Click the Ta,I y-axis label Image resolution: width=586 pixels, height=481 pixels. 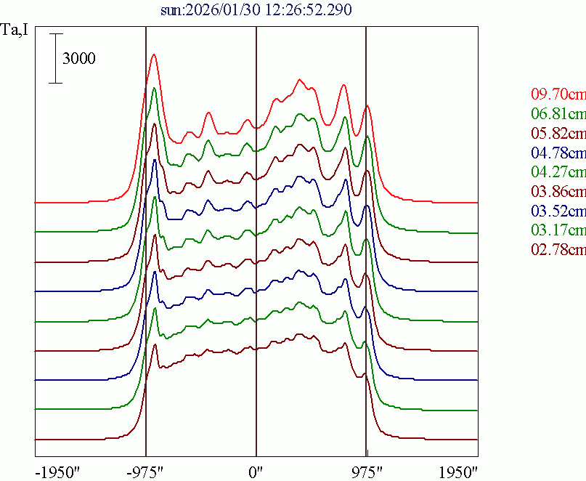point(15,31)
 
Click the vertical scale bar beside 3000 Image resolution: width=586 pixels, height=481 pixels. point(55,58)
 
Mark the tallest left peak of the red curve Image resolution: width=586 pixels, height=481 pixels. point(153,54)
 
